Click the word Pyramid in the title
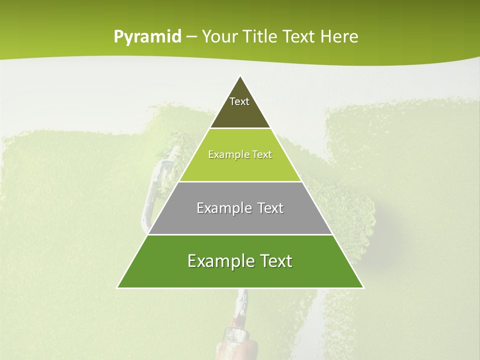click(x=147, y=37)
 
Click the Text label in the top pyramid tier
click(x=239, y=101)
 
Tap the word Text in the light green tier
click(x=262, y=154)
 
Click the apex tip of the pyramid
click(x=240, y=76)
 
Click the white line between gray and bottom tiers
click(x=240, y=234)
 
